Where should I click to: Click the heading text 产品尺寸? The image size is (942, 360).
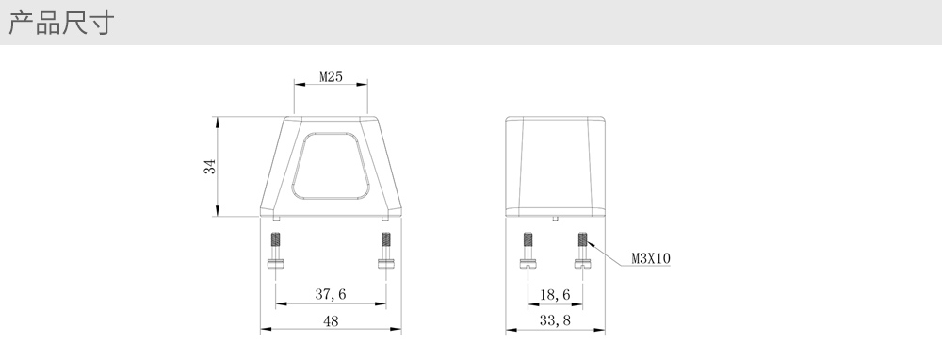[61, 24]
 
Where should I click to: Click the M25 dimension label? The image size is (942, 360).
[331, 77]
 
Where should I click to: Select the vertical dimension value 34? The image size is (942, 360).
[209, 167]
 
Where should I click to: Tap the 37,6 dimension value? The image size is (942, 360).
[331, 294]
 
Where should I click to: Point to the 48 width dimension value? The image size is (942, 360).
[331, 321]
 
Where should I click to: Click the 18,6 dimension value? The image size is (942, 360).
[555, 294]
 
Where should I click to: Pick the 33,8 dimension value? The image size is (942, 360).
[555, 321]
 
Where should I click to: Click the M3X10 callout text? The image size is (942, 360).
[651, 258]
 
